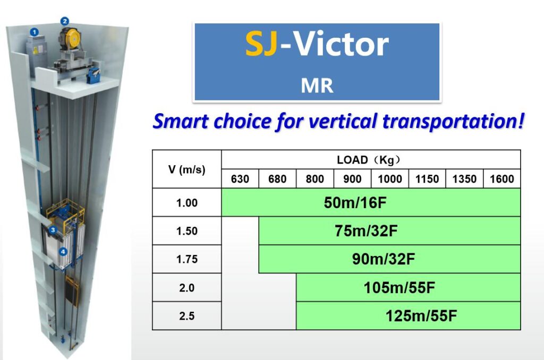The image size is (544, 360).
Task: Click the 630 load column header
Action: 240,179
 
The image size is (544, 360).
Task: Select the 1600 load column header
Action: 501,179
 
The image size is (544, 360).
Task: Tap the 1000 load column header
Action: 389,179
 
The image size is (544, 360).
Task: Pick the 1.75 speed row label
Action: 186,259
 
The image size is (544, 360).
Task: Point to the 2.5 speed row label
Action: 186,316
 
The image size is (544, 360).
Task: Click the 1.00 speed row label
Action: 186,202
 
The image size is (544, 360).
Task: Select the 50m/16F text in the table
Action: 355,202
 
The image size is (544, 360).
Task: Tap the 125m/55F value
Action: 421,315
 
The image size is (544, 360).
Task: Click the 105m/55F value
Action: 399,287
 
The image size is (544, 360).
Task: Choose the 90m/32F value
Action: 384,259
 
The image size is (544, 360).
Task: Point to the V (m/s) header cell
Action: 186,169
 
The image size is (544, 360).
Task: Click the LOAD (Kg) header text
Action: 369,160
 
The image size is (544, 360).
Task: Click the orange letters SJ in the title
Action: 261,44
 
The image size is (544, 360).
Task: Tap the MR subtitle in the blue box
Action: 317,85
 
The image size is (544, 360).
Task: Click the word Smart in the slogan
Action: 181,122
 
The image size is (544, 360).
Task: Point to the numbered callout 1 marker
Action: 34,32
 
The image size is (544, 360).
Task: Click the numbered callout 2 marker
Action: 64,21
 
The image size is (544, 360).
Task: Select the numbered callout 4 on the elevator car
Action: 63,252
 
